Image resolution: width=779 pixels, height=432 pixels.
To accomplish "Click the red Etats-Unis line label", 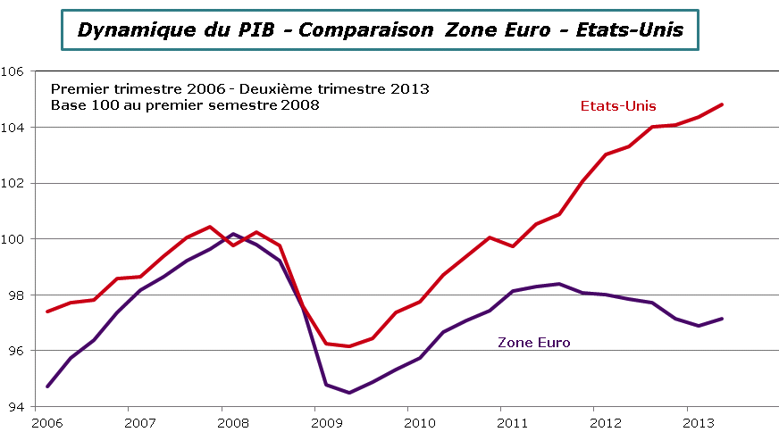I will pos(618,106).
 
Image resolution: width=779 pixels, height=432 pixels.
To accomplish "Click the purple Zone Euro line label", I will pos(533,342).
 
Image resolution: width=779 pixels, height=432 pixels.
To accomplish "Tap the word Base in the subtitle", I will pos(67,104).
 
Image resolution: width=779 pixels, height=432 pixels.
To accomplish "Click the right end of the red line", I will pos(722,104).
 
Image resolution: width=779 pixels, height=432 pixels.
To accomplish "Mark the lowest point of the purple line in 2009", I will pos(348,393).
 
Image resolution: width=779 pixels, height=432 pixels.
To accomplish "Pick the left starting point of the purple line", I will pos(47,386).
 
